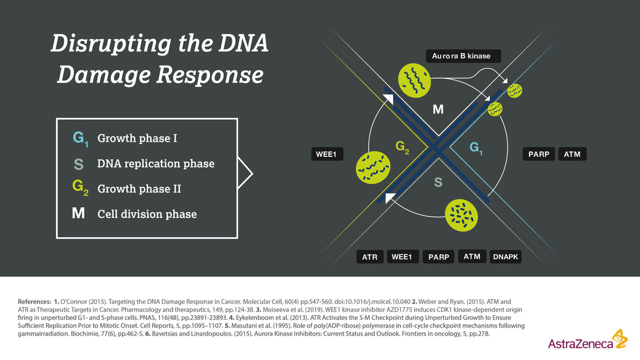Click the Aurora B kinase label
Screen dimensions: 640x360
point(463,56)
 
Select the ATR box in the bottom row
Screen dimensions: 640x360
point(370,257)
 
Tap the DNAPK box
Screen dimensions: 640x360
point(506,257)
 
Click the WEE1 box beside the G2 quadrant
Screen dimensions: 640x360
point(327,154)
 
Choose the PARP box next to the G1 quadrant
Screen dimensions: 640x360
point(539,154)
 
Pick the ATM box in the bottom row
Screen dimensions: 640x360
point(472,257)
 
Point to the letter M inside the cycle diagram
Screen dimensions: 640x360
point(438,109)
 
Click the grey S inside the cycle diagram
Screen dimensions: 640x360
point(438,182)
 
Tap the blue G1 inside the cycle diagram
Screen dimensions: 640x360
point(476,149)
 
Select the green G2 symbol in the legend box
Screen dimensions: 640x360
point(81,188)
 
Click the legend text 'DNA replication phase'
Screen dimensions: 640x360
point(156,164)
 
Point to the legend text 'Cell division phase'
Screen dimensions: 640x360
point(147,214)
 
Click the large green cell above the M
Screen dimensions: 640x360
point(414,81)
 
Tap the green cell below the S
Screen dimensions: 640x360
point(461,215)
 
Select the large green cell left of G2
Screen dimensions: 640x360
point(373,167)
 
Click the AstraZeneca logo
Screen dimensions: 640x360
point(588,340)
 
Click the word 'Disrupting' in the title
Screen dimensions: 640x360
point(111,44)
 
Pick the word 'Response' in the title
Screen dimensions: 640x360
point(210,75)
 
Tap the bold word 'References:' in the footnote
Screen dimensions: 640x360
point(34,301)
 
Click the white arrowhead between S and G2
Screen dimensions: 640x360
point(390,198)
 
